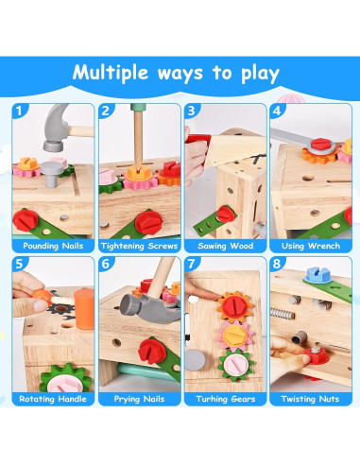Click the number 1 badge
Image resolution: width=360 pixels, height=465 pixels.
[x=19, y=111]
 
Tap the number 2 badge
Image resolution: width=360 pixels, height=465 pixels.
[x=105, y=111]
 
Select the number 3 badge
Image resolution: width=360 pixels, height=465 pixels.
[x=191, y=111]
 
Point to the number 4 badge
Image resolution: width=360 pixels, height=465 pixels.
[x=277, y=111]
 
